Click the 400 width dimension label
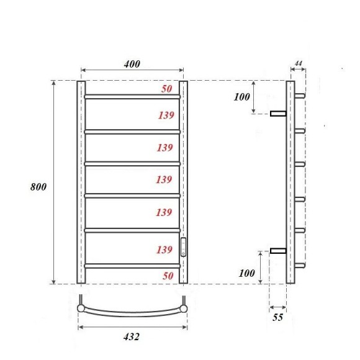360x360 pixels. click(132, 64)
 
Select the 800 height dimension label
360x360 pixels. click(39, 187)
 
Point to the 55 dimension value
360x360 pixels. click(277, 318)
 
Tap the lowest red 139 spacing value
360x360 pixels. click(164, 250)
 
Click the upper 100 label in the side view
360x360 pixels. click(241, 97)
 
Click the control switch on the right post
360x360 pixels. click(183, 246)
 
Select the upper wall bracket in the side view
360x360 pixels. click(277, 113)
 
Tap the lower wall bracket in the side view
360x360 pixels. click(277, 251)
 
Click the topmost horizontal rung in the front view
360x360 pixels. click(132, 97)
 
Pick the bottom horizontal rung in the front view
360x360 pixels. click(132, 266)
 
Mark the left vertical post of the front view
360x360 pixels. click(81, 182)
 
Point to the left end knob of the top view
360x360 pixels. click(81, 306)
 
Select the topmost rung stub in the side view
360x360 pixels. click(299, 96)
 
